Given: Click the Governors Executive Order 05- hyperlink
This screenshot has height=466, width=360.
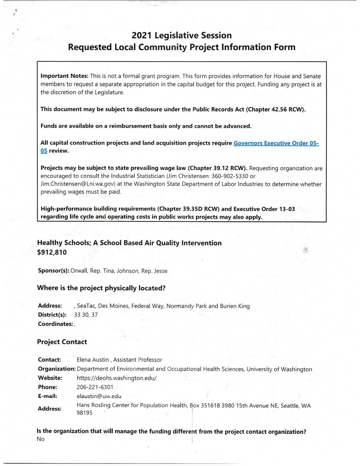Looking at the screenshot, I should tap(276, 143).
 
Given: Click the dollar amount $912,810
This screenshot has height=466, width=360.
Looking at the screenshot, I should tap(52, 253).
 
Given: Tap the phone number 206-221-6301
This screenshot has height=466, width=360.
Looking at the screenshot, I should tap(95, 387).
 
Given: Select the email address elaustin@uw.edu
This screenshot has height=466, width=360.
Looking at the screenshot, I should tap(99, 396).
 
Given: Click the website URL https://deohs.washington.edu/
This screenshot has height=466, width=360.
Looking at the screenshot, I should tap(116, 378).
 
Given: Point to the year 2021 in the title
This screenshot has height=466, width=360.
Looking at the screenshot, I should tap(142, 35).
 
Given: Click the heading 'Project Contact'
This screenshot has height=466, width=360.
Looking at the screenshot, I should tap(62, 342).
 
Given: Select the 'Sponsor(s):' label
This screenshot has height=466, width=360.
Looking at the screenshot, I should tap(53, 271).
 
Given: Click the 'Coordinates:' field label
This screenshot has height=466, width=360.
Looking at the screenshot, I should tap(55, 324).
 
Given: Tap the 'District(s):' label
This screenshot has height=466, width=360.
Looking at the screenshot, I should tap(52, 315).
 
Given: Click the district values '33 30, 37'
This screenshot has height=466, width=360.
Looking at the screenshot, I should tap(86, 315).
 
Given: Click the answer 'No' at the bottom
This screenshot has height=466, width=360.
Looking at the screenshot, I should tap(41, 439).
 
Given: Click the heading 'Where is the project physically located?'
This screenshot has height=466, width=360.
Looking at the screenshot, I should tap(101, 288).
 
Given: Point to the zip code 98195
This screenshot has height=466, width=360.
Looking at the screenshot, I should tap(84, 413).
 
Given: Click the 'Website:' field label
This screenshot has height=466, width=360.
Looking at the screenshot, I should tap(50, 378).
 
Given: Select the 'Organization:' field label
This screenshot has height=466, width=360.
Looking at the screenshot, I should tap(57, 369).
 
